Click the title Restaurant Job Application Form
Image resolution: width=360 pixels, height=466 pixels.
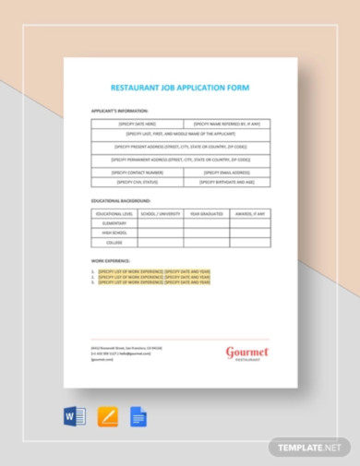click(180, 88)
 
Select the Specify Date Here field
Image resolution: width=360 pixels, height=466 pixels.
click(137, 123)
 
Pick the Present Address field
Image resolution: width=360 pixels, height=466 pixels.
click(180, 146)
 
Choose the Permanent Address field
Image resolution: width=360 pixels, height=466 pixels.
click(180, 159)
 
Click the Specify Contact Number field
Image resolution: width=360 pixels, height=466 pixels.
click(137, 172)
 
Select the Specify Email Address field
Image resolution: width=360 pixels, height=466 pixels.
click(225, 172)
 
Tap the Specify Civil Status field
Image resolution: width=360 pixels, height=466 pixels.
click(137, 182)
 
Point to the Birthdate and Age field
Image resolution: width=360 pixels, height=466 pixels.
click(225, 182)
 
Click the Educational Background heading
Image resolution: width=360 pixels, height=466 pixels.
click(121, 199)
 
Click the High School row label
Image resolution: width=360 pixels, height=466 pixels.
click(114, 233)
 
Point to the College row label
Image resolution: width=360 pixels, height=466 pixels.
click(114, 243)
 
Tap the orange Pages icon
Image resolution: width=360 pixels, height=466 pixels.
click(108, 416)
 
